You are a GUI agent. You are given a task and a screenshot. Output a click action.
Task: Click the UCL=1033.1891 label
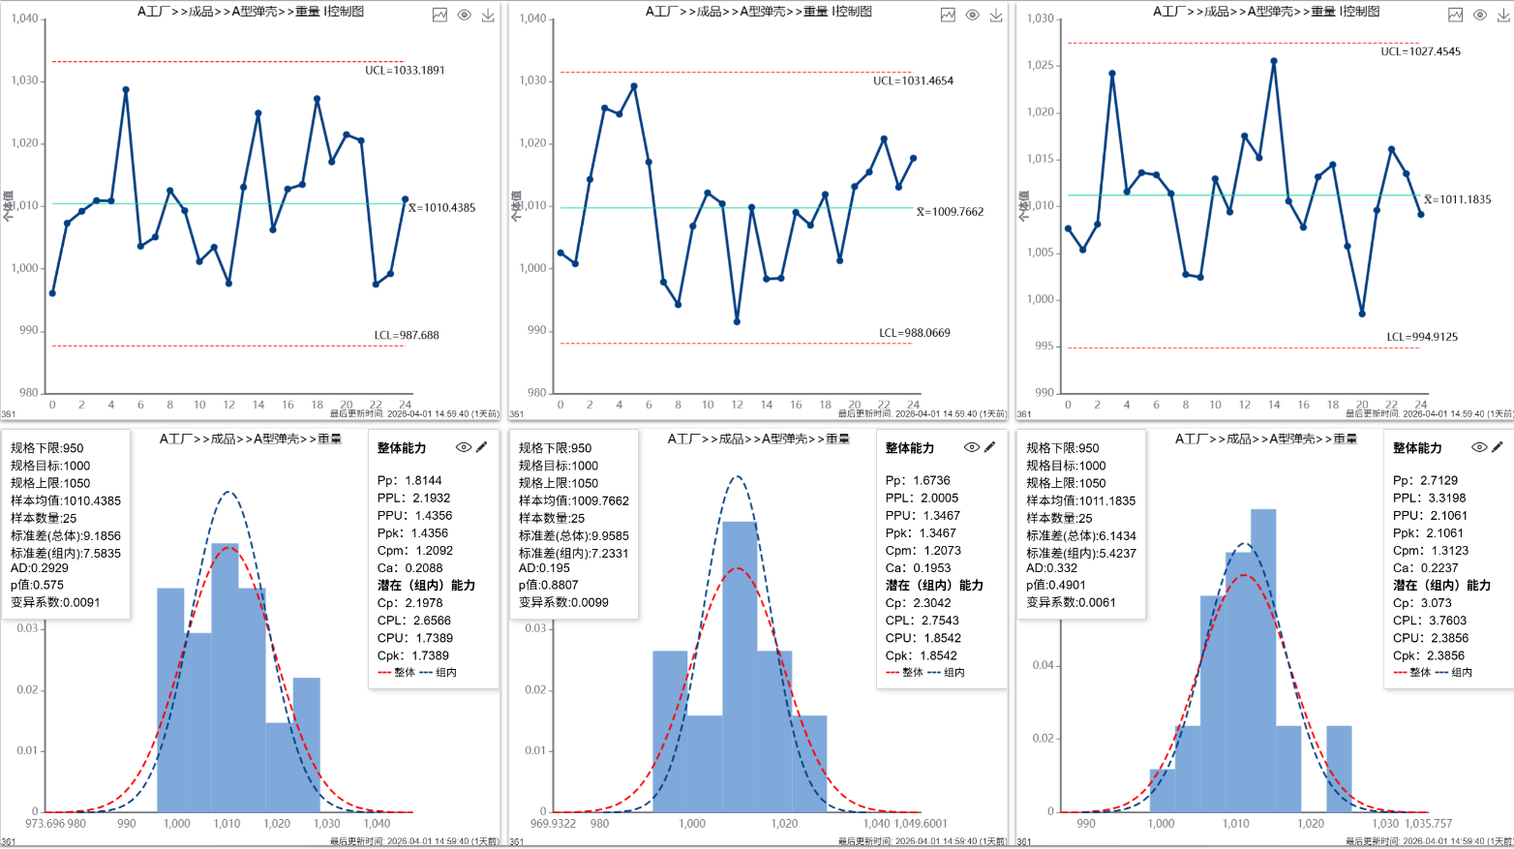405,71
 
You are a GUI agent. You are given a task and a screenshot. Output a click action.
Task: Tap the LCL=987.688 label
407,336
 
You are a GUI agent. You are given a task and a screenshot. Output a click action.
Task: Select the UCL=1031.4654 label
913,81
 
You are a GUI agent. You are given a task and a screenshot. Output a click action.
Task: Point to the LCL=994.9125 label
1421,337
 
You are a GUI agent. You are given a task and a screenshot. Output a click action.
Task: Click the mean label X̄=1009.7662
950,212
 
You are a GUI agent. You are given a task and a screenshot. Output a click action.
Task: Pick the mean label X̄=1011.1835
1457,200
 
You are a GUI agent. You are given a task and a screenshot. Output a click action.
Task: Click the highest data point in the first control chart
126,90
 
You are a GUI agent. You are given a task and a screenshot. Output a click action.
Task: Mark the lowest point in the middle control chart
737,321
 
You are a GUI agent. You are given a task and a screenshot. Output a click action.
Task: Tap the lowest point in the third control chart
1362,314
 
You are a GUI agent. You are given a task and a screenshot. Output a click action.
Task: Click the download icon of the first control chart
488,15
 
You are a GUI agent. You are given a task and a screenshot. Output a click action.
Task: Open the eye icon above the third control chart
1479,15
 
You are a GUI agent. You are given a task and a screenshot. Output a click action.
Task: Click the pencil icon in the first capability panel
482,447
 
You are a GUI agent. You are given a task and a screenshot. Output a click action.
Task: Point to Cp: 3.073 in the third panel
1422,603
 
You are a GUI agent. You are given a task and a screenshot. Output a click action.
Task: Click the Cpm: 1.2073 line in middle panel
923,551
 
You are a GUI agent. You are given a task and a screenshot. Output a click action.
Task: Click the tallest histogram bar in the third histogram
1262,660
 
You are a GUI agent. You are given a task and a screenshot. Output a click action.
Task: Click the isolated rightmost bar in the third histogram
1339,769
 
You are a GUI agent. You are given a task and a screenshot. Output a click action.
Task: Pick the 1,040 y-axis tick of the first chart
24,18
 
